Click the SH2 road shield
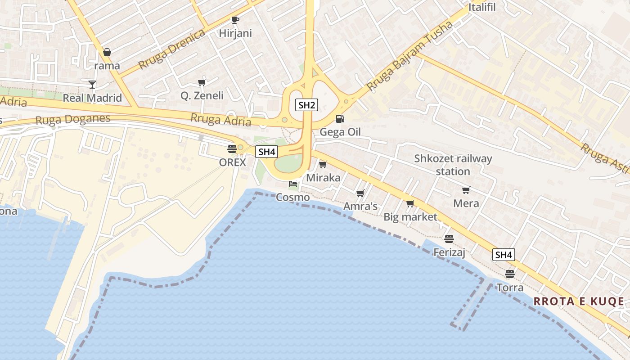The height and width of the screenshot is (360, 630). (x=306, y=105)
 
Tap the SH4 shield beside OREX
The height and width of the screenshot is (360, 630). (x=266, y=152)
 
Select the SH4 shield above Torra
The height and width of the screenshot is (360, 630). (x=503, y=255)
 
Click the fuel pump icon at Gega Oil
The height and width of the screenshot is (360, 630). (x=340, y=119)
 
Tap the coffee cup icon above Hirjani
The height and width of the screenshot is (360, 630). (x=235, y=20)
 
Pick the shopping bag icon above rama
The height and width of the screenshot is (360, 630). (x=107, y=52)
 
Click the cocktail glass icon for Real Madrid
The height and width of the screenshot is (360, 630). (x=92, y=84)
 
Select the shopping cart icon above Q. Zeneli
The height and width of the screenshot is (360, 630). (x=202, y=82)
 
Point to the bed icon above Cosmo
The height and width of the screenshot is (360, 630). (x=292, y=184)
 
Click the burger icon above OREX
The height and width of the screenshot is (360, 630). (x=232, y=149)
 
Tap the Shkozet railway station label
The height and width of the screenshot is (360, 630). (x=453, y=165)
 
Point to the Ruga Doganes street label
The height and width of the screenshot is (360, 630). (x=72, y=120)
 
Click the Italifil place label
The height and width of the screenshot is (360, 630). (x=482, y=7)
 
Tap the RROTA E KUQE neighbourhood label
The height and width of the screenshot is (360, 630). (x=579, y=301)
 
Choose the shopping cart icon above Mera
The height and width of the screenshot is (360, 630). (x=466, y=190)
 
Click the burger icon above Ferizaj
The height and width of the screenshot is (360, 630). (x=449, y=238)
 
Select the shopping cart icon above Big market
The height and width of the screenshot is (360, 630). (x=410, y=204)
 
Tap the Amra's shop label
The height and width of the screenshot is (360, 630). (x=360, y=206)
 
